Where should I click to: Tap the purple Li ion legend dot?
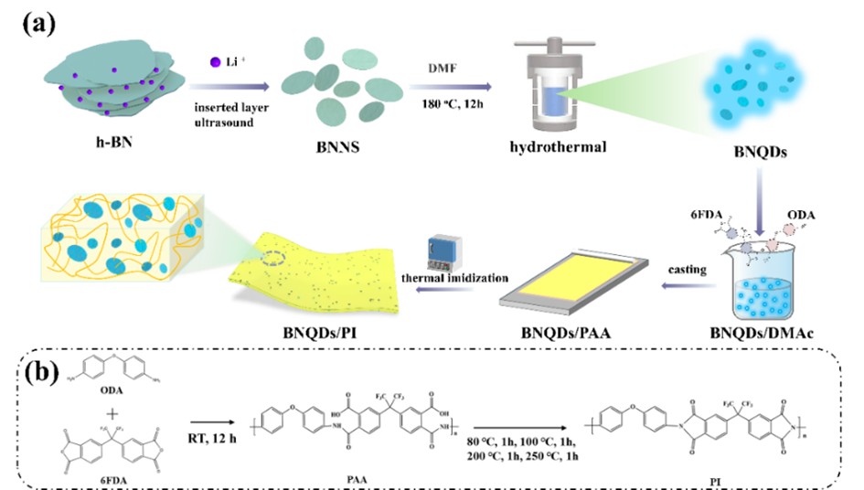coord(214,62)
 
